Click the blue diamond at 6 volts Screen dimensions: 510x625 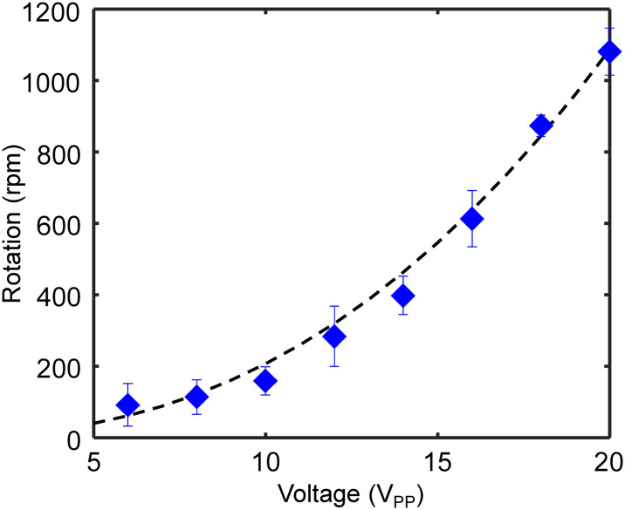coord(127,405)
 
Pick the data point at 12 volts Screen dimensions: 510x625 coord(334,337)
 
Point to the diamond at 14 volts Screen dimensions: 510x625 coord(403,296)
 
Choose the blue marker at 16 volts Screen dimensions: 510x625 coord(471,219)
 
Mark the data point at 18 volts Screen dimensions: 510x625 coord(540,126)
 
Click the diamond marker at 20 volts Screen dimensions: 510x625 coord(609,52)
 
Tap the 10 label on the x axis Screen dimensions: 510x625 coord(265,460)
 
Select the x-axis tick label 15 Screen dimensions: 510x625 coord(437,460)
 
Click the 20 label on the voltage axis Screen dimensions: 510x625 coord(608,460)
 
